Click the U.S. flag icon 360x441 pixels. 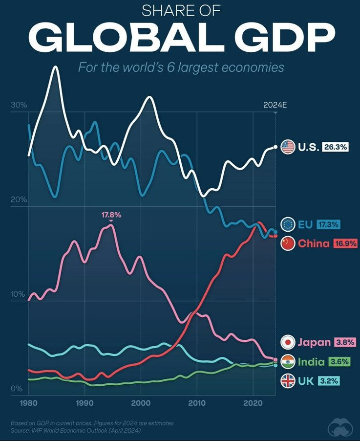(288, 147)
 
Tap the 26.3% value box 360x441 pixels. (335, 147)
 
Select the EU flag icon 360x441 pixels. (288, 224)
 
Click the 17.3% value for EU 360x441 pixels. (328, 224)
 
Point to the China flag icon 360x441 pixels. (288, 243)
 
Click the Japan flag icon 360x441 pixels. (288, 342)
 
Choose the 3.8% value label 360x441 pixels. (344, 342)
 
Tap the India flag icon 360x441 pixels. (288, 362)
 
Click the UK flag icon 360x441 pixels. (288, 380)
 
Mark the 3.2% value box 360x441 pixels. (329, 380)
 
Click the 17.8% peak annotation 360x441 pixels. (111, 215)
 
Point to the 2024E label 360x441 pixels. (275, 105)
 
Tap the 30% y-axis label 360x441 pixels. (18, 106)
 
